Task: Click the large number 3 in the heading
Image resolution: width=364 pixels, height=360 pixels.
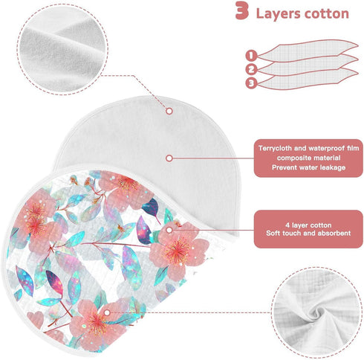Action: click(242, 11)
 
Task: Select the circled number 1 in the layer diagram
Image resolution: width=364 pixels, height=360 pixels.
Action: click(251, 55)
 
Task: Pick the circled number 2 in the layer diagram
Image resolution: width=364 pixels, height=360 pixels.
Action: click(251, 69)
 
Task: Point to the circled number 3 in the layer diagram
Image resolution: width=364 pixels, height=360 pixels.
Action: click(251, 83)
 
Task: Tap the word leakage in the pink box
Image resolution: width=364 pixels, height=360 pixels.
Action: click(333, 167)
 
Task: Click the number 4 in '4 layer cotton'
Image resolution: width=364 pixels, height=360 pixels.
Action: click(287, 225)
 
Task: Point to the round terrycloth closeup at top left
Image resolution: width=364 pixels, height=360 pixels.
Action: click(62, 49)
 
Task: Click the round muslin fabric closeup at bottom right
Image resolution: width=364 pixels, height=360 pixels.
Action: click(316, 312)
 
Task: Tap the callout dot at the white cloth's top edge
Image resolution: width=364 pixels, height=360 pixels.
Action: click(169, 111)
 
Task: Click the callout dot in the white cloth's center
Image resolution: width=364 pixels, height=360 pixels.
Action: click(169, 158)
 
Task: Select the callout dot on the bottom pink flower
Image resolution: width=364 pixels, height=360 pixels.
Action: click(107, 312)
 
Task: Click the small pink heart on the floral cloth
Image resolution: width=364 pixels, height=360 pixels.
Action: click(35, 318)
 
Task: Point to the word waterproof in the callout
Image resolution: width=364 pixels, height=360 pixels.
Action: click(326, 148)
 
